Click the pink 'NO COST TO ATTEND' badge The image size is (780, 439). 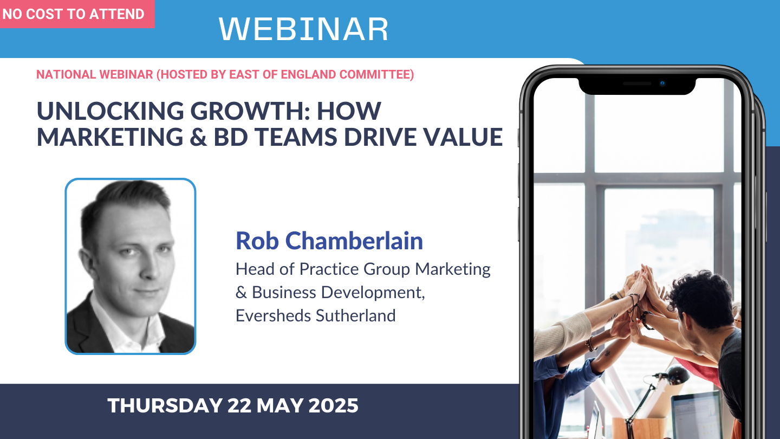(77, 14)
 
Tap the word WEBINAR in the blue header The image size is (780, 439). (303, 29)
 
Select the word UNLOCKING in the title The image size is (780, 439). (110, 111)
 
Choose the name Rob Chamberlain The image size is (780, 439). (329, 241)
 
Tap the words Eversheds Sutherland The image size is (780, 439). (315, 315)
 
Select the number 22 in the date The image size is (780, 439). (239, 405)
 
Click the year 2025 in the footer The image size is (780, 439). (333, 405)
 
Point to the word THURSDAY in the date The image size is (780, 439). (165, 405)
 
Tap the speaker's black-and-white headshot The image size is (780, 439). (131, 267)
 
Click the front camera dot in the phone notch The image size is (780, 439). (662, 83)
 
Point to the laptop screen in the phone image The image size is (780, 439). (697, 415)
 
